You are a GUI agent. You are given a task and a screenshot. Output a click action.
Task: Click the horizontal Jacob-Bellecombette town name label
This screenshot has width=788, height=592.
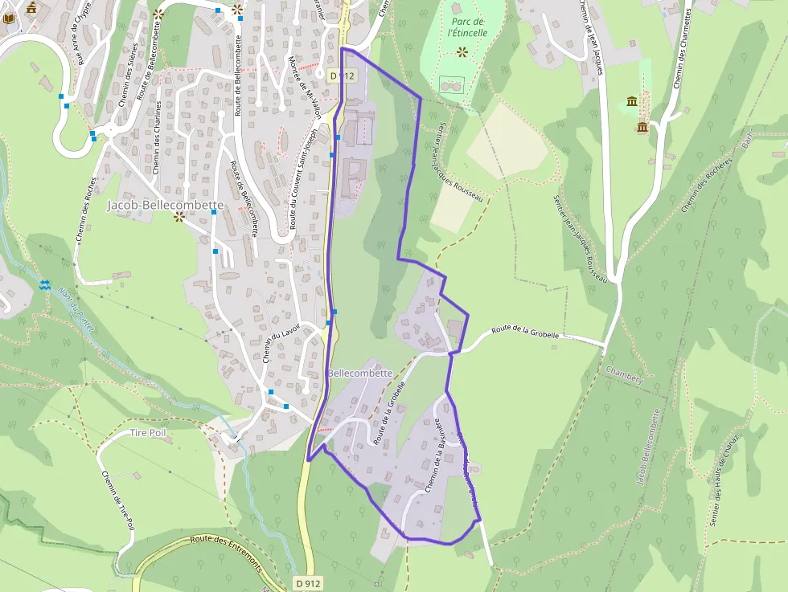pos(165,206)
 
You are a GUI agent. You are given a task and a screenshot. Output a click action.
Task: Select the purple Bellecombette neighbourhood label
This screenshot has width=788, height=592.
pos(360,374)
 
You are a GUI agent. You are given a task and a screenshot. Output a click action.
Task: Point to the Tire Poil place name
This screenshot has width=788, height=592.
pos(147,433)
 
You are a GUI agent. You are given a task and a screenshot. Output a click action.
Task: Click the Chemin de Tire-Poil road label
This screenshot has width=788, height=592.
pos(117,498)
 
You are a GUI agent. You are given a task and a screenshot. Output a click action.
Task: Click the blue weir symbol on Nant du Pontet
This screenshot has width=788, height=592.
pos(44,285)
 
